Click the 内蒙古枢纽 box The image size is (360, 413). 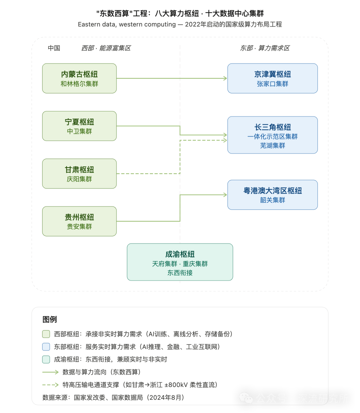click(79, 78)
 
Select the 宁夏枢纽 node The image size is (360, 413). click(79, 126)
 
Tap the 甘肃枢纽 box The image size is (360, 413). click(79, 174)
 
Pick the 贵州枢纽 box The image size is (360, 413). click(79, 221)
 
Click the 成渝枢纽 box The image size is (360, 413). click(180, 262)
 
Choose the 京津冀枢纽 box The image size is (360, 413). click(272, 78)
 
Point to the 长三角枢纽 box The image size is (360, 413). click(272, 135)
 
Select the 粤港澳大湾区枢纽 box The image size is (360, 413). click(272, 195)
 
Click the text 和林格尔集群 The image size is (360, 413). click(79, 84)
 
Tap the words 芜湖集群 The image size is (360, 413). click(272, 146)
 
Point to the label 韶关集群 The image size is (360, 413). click(272, 200)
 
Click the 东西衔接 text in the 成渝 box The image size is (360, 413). click(180, 273)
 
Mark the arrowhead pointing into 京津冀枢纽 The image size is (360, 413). click(225, 78)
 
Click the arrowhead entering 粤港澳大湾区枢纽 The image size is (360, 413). click(225, 195)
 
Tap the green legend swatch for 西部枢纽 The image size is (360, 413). click(46, 334)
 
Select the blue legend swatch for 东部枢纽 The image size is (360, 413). click(46, 347)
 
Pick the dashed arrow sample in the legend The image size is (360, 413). click(50, 385)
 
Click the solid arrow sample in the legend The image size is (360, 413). click(50, 372)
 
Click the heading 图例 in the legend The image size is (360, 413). click(50, 320)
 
